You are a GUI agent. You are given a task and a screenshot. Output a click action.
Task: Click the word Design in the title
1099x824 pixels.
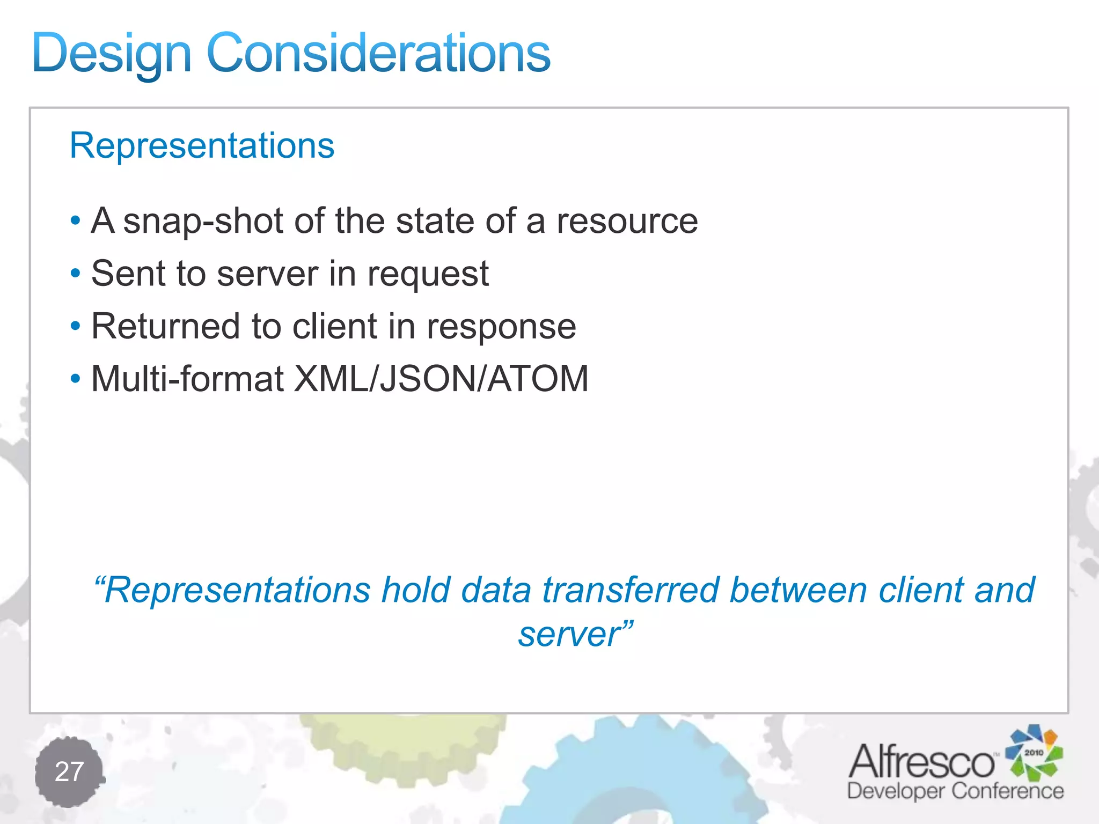(x=112, y=54)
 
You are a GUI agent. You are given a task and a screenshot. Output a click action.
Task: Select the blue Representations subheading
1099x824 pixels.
(x=202, y=145)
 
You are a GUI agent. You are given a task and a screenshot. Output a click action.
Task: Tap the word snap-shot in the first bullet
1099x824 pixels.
(x=203, y=221)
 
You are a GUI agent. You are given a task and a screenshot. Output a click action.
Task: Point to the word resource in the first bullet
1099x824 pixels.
(x=627, y=221)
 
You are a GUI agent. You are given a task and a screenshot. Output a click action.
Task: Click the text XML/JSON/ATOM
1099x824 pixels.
(x=441, y=379)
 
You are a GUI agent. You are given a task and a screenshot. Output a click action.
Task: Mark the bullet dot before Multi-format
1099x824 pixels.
(x=76, y=379)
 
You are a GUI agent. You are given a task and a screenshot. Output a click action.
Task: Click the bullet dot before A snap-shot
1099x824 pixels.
(x=76, y=220)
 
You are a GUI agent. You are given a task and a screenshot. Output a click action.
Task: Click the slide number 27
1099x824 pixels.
(x=69, y=771)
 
